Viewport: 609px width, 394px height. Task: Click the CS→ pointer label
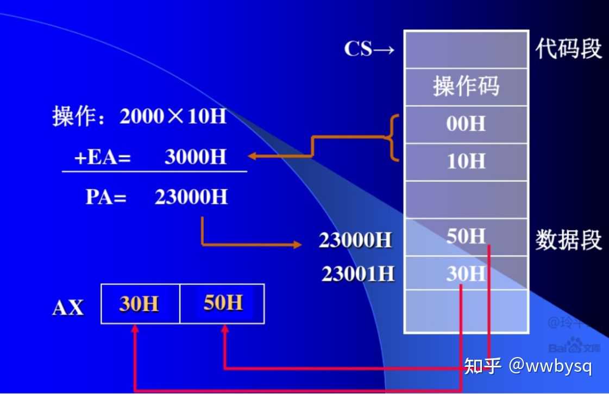point(369,49)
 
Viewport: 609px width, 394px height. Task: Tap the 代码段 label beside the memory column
point(568,48)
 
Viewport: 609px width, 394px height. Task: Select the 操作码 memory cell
point(466,86)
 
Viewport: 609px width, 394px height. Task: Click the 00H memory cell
point(466,124)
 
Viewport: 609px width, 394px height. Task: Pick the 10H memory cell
point(466,161)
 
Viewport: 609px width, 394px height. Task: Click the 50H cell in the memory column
point(466,236)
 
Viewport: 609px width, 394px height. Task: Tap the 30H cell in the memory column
point(466,274)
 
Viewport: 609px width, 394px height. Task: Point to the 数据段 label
point(568,240)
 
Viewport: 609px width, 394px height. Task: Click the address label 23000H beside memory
point(355,240)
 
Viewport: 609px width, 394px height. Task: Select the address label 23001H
point(357,274)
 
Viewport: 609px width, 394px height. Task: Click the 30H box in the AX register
point(140,304)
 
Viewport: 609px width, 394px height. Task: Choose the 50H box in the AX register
point(223,303)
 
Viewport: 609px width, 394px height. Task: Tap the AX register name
point(68,308)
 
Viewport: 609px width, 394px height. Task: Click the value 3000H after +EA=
point(195,157)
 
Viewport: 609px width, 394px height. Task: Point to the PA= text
point(106,197)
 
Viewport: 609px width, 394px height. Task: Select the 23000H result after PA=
point(191,197)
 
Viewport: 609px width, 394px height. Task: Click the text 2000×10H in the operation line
point(172,117)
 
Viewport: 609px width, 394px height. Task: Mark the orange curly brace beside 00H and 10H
point(392,138)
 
